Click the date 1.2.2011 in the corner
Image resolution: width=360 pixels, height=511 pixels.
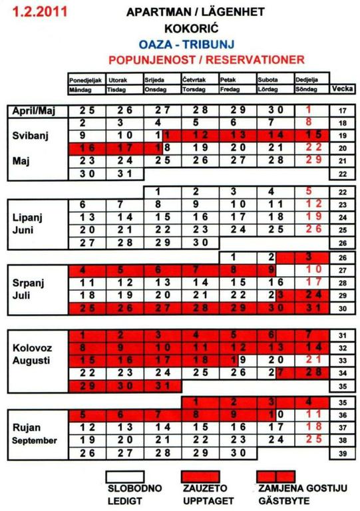[x=29, y=11]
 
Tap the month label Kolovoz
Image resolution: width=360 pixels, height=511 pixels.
[x=31, y=348]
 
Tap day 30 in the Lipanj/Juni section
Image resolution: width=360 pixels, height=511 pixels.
[x=200, y=242]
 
